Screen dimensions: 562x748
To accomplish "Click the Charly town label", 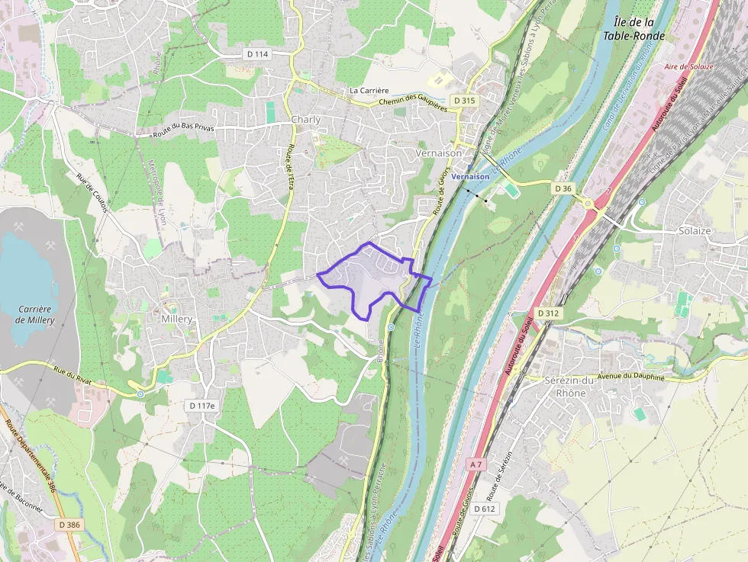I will pos(305,120).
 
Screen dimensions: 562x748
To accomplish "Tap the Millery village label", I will pos(176,319).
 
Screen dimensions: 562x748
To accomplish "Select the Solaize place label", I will pos(695,230).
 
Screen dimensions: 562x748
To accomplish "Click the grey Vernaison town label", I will pos(439,153).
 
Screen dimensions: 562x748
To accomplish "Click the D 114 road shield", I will pos(258,54).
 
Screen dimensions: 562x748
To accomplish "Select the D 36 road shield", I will pos(563,188).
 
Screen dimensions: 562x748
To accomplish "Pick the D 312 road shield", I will pos(548,313).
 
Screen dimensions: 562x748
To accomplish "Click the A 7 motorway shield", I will pos(476,464).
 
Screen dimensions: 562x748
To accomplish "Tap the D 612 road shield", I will pos(485,509).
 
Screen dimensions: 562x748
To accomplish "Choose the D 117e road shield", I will pos(202,406).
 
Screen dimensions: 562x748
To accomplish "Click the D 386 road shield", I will pos(69,525).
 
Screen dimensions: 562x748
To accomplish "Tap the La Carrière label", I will pos(369,90).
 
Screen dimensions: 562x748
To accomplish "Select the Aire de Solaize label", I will pos(688,67).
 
